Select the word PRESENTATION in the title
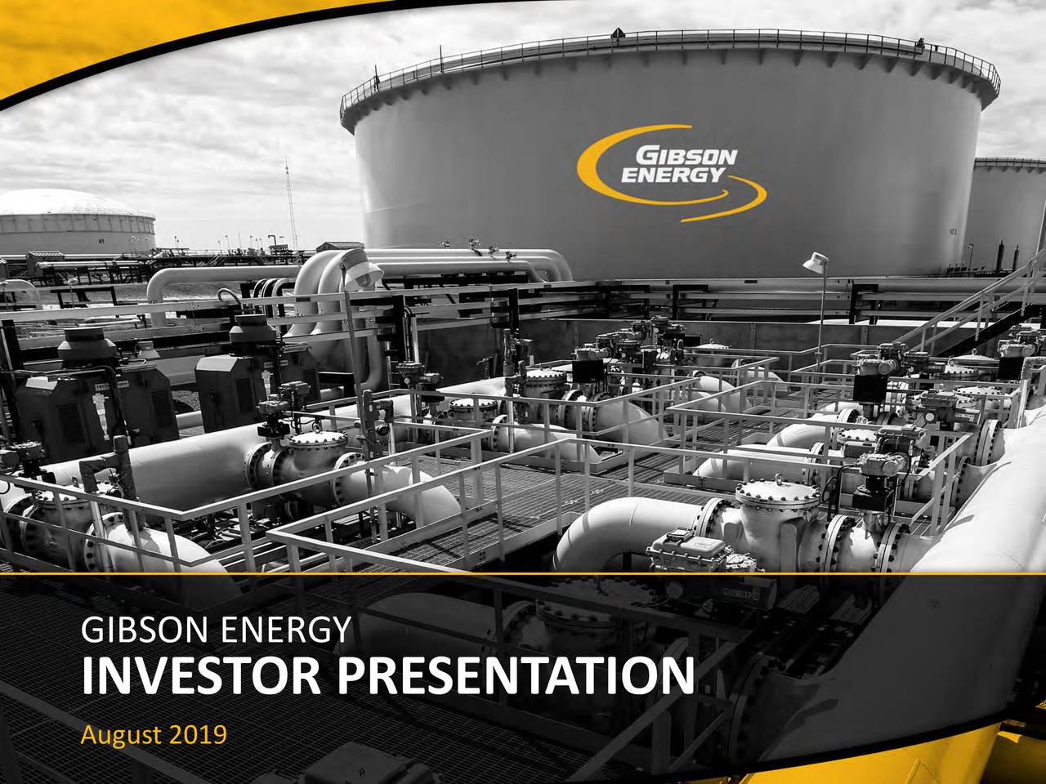[x=515, y=676]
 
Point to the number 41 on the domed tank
[x=101, y=242]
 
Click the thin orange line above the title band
[x=523, y=574]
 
